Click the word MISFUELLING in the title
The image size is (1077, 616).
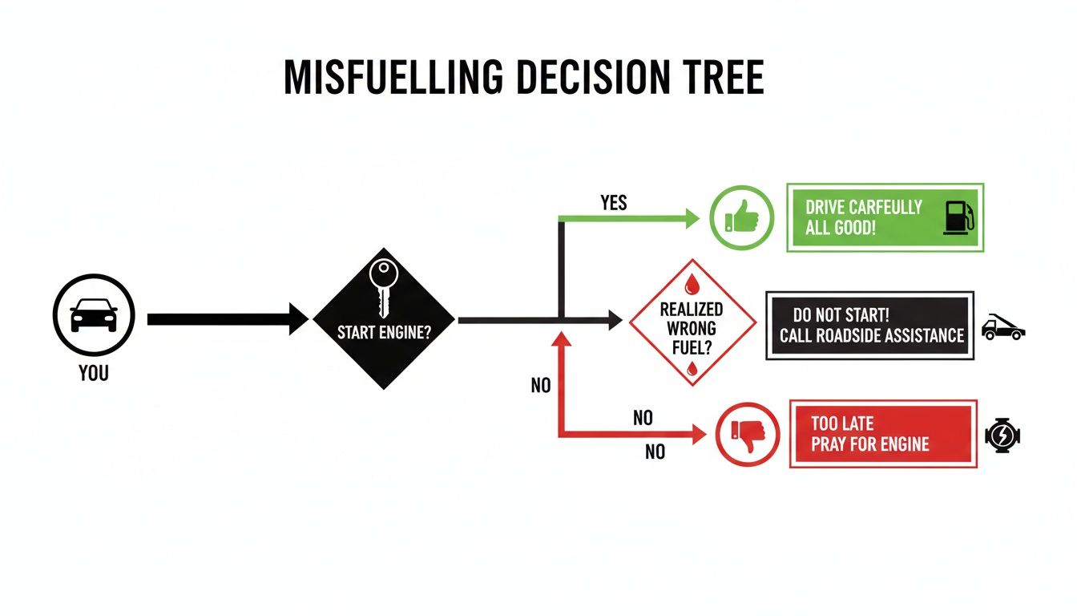tap(393, 78)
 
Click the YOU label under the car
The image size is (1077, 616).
tap(94, 373)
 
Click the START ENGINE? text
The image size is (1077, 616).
tap(384, 331)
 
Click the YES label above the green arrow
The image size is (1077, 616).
tap(613, 203)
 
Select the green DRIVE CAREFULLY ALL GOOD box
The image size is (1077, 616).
tap(885, 217)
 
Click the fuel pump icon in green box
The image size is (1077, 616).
tap(958, 217)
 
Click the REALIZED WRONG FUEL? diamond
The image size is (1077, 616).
tap(692, 322)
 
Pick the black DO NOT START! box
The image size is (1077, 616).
tap(870, 325)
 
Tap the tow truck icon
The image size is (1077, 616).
tap(1002, 327)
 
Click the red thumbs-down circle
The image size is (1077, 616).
tap(746, 435)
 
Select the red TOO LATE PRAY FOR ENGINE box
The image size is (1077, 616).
tap(883, 434)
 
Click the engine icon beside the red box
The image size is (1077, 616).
tap(1002, 436)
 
